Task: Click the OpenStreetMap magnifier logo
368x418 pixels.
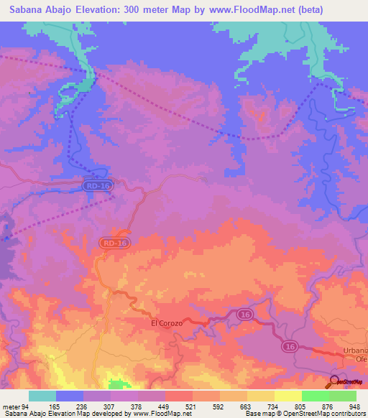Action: pyautogui.click(x=336, y=383)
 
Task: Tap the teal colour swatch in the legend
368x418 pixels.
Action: pyautogui.click(x=42, y=396)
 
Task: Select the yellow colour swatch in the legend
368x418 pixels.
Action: pyautogui.click(x=288, y=396)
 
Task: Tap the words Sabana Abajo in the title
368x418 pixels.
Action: pyautogui.click(x=36, y=10)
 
